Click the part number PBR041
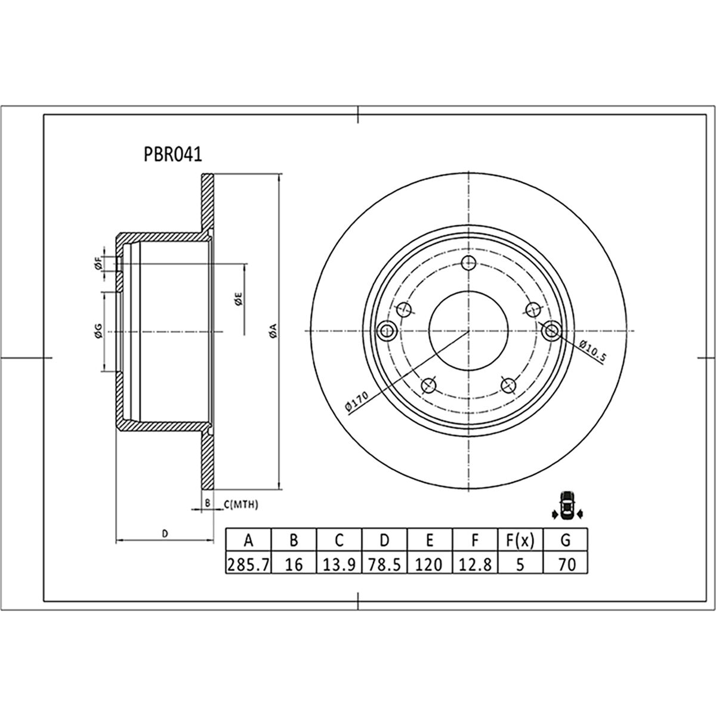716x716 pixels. [173, 155]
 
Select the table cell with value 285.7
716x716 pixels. [248, 564]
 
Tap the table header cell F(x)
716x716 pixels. [520, 541]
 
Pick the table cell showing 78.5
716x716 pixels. [385, 564]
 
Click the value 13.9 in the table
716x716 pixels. [339, 564]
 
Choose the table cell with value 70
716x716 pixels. [566, 564]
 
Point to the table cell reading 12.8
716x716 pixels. [475, 564]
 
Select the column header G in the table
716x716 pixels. [566, 541]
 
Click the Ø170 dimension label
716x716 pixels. [357, 402]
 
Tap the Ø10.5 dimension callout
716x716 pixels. [592, 351]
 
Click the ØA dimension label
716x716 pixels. [272, 331]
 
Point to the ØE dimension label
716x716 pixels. [237, 300]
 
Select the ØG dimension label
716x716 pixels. [98, 332]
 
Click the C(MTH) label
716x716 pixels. [241, 504]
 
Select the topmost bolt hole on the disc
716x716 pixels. [468, 263]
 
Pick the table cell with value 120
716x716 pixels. [430, 564]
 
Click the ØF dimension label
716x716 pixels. [97, 263]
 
